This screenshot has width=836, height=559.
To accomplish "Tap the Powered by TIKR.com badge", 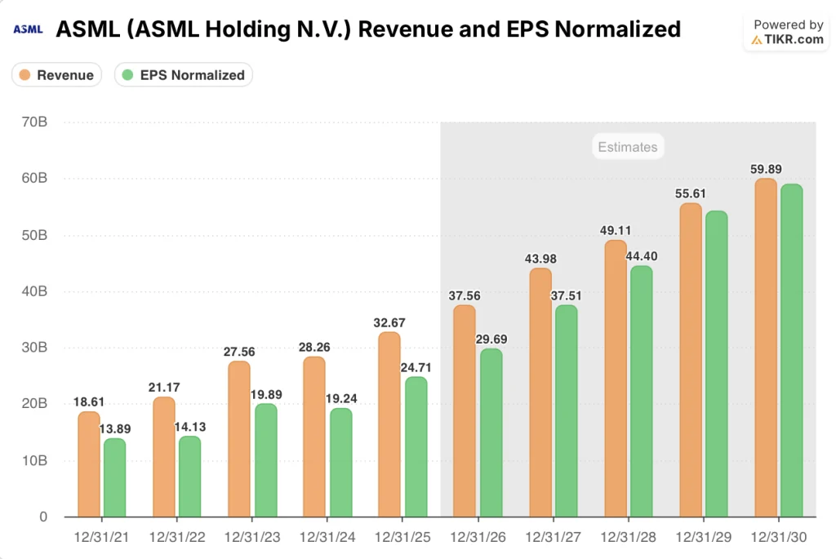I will [x=787, y=33].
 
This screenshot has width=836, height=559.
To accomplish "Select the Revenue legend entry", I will [x=56, y=75].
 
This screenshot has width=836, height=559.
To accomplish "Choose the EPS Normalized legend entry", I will [x=183, y=75].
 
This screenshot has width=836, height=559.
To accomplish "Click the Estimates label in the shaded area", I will [x=627, y=147].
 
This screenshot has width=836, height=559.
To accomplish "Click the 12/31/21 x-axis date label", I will [x=101, y=539].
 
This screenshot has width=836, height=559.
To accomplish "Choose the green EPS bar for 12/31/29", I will [x=716, y=364].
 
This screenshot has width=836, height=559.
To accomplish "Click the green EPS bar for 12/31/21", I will [x=115, y=477].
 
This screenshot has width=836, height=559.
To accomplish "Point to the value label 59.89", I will [x=766, y=169].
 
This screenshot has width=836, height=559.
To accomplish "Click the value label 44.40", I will [x=641, y=255].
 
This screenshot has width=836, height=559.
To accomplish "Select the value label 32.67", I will [x=389, y=322].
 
